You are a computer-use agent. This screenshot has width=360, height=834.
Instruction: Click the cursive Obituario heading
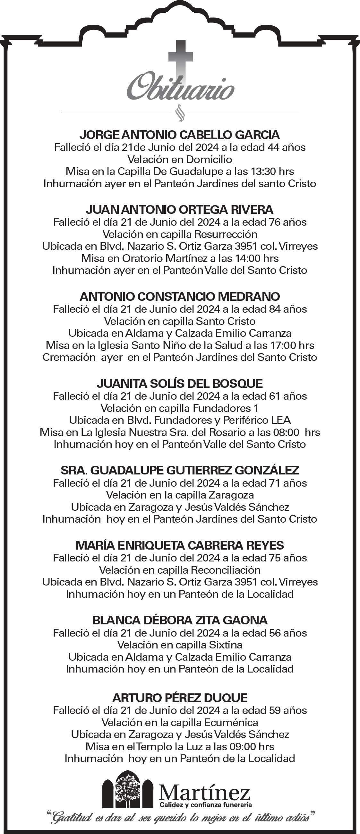180,88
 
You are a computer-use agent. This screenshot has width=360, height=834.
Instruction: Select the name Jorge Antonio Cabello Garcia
180,135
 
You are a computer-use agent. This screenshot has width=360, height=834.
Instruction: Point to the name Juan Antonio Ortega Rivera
180,210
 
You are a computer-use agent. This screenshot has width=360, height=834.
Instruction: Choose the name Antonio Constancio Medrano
180,296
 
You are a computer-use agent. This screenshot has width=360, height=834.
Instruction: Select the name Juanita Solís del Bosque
180,383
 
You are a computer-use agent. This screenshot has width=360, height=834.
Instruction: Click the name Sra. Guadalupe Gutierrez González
180,470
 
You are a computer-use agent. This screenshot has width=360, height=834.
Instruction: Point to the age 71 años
288,483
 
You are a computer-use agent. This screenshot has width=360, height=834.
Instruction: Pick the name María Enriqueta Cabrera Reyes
180,545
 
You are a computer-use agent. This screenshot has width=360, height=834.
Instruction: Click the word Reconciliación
226,569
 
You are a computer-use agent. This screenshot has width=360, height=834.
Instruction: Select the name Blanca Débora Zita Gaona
180,620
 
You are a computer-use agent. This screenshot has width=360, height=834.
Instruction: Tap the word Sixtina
226,645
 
